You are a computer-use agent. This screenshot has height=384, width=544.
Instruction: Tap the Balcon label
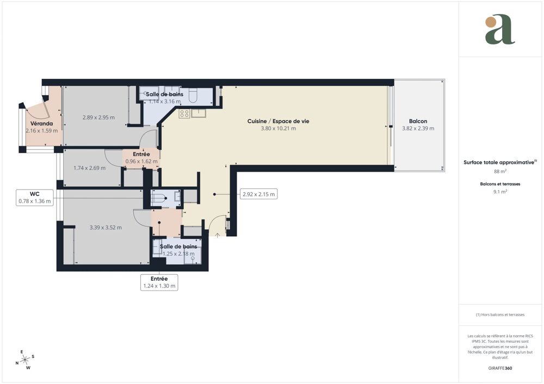pos(418,121)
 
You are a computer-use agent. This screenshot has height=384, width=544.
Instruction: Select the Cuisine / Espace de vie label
pos(278,121)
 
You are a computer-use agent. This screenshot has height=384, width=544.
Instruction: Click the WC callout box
pos(34,197)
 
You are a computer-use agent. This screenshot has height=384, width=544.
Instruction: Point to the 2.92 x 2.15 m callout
pos(258,194)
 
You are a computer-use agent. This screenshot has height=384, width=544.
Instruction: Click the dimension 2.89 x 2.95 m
pos(99,117)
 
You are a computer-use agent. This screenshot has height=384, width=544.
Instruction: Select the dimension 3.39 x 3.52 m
pos(106,228)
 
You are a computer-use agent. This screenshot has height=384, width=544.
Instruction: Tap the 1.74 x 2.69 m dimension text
pos(89,168)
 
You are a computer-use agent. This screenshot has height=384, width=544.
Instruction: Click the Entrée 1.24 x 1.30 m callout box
pos(159,282)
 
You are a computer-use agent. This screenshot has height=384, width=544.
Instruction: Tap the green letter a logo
pos(499,30)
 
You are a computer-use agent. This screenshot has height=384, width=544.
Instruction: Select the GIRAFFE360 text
pos(500,368)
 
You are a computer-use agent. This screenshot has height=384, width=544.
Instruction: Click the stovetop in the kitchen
pos(184,114)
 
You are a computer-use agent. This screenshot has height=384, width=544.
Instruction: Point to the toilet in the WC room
pos(158,199)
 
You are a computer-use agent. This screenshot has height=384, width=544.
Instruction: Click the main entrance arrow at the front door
pos(218,235)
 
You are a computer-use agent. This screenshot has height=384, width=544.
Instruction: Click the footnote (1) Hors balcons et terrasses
pos(500,315)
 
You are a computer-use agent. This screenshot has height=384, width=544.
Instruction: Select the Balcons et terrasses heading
pos(500,184)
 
